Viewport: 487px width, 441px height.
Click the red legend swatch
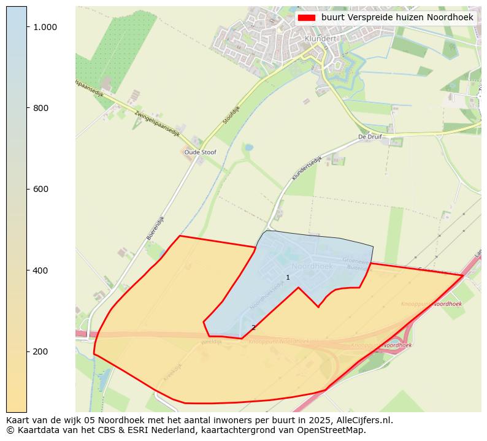pos(306,18)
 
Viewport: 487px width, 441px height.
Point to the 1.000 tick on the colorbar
pos(45,27)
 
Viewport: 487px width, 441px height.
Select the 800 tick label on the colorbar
pos(40,108)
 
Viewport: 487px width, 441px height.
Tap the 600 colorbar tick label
pos(40,189)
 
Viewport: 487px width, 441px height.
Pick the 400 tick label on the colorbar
pos(40,270)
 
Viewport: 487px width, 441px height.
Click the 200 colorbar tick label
pos(40,351)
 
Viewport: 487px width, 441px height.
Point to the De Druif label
pos(370,137)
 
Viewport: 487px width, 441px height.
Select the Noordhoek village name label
pos(312,266)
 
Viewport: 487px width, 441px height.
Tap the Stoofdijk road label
pos(232,114)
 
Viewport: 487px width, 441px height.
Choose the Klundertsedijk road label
pos(307,167)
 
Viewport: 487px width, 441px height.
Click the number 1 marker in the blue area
pos(288,278)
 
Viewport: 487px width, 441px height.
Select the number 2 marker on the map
pos(253,328)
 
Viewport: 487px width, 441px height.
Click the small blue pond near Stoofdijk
pos(248,148)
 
